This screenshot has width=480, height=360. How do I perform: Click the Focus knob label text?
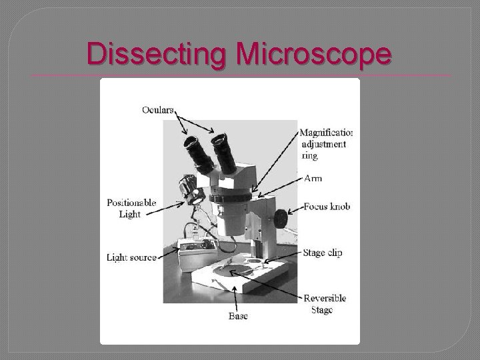(326, 207)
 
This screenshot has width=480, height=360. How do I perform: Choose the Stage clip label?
(323, 253)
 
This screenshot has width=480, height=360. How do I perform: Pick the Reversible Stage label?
(324, 304)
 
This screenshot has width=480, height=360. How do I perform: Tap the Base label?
(238, 316)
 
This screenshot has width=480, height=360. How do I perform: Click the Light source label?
(132, 257)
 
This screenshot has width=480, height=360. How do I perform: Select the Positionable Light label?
(131, 208)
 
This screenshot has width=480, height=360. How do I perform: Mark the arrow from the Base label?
(238, 297)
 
